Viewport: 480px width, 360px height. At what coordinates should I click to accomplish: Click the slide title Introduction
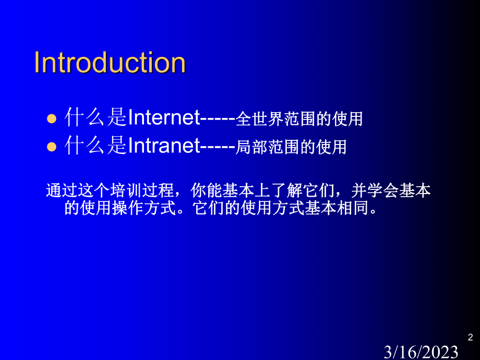point(110,63)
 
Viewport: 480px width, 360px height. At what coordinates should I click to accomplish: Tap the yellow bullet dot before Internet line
point(51,119)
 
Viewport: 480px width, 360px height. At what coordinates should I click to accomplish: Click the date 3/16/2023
point(422,352)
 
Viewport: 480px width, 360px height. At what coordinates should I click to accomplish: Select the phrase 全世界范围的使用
point(299,119)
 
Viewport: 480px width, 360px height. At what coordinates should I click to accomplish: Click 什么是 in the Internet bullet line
point(95,118)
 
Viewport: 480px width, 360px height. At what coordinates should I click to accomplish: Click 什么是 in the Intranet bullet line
point(95,146)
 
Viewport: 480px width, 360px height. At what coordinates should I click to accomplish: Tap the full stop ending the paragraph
point(372,211)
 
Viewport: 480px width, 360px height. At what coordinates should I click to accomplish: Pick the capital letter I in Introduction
point(37,63)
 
